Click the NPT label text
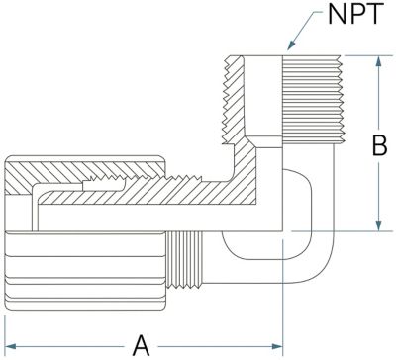[355, 14]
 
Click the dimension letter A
[142, 346]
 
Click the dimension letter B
[379, 145]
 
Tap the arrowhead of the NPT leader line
[291, 45]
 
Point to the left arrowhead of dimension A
[11, 346]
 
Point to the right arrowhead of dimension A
[276, 346]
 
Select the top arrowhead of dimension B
[379, 61]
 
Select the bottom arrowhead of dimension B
[379, 225]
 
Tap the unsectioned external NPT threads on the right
[312, 100]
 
